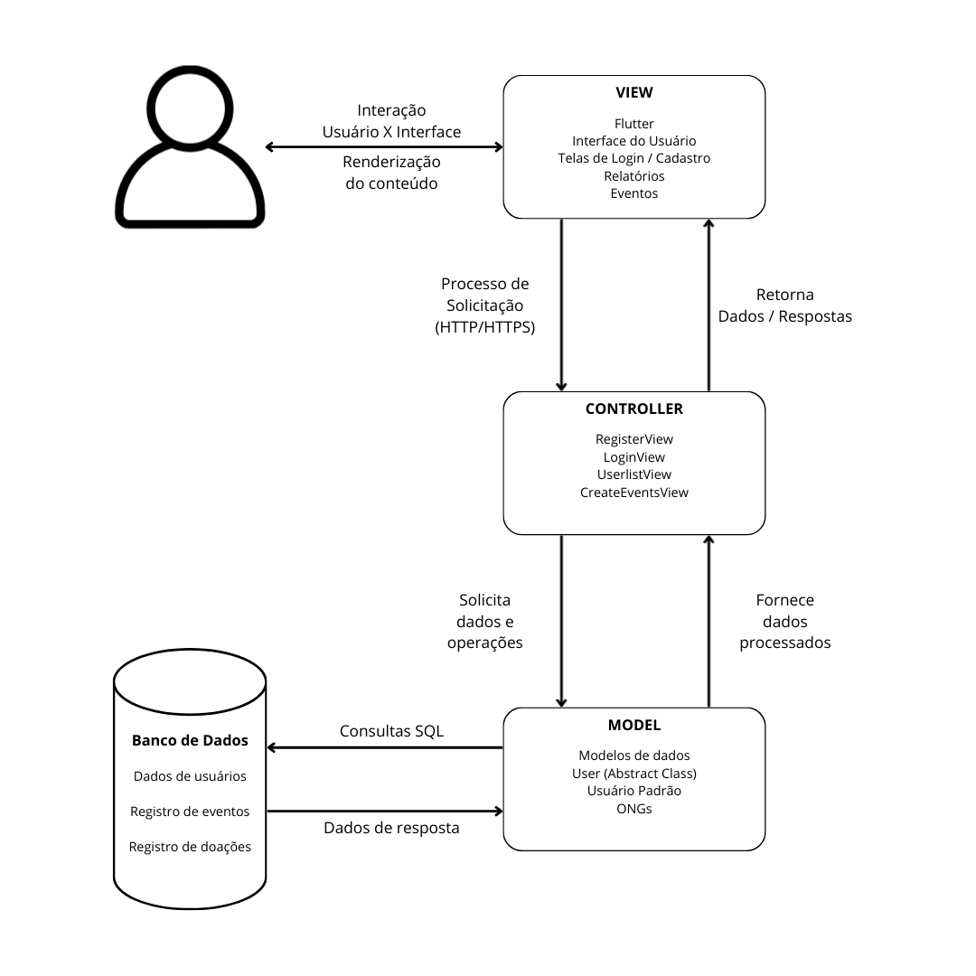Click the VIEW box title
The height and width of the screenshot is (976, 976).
(633, 93)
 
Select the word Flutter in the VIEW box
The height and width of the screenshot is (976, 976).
(633, 124)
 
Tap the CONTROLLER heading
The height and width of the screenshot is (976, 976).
(633, 409)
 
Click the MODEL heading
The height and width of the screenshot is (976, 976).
(633, 726)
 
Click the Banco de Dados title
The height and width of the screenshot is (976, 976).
(190, 742)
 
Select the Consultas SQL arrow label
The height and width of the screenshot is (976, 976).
(391, 731)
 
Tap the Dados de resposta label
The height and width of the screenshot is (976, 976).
(391, 828)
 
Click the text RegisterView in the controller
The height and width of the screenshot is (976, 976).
(633, 439)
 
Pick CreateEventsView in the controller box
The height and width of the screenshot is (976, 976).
(633, 493)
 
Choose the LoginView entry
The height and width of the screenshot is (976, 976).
(633, 457)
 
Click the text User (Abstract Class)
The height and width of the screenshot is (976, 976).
(633, 774)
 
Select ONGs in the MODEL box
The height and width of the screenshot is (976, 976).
(633, 809)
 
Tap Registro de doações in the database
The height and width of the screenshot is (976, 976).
(190, 847)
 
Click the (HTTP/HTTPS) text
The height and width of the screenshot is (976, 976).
(484, 327)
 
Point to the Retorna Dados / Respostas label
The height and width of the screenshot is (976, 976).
(784, 305)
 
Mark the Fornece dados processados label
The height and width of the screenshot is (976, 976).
(784, 622)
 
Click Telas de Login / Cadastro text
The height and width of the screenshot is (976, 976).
(633, 158)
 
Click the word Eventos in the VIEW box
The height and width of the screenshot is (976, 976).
(633, 193)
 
